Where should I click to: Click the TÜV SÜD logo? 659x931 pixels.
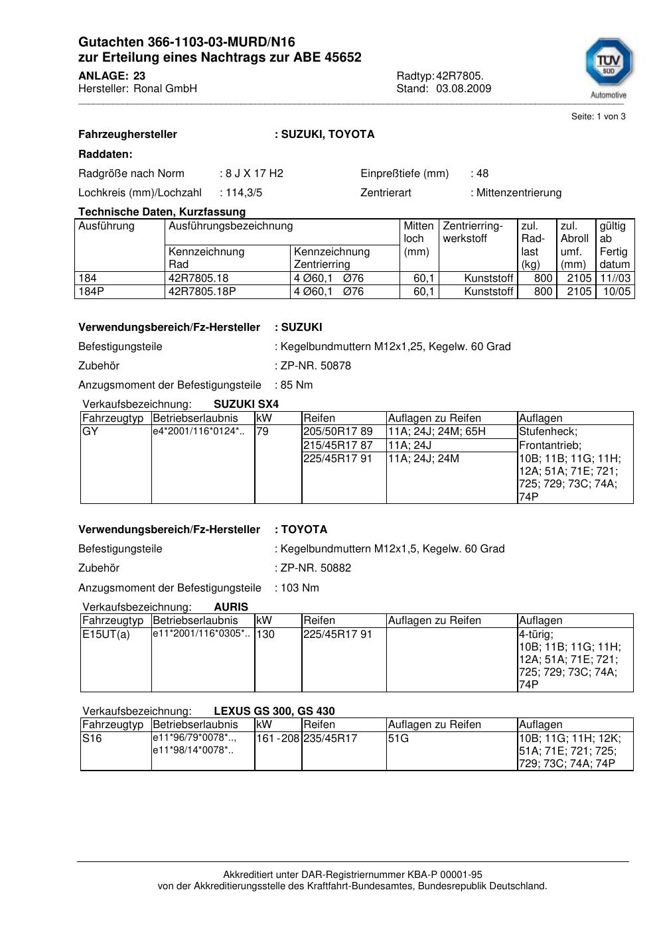pyautogui.click(x=608, y=65)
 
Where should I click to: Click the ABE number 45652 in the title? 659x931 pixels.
pyautogui.click(x=343, y=58)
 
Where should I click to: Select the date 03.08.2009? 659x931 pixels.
pyautogui.click(x=463, y=89)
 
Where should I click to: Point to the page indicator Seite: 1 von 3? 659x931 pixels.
pyautogui.click(x=598, y=117)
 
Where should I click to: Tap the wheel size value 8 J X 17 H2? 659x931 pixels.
pyautogui.click(x=254, y=174)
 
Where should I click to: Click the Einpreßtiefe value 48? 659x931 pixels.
pyautogui.click(x=482, y=174)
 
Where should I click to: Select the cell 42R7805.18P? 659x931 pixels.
pyautogui.click(x=202, y=292)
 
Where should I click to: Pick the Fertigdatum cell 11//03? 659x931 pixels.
pyautogui.click(x=615, y=279)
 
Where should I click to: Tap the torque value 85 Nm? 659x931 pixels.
pyautogui.click(x=297, y=385)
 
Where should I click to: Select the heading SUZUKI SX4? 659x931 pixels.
pyautogui.click(x=246, y=404)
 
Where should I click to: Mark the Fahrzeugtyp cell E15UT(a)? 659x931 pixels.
pyautogui.click(x=106, y=635)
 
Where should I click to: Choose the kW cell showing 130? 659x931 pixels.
pyautogui.click(x=265, y=635)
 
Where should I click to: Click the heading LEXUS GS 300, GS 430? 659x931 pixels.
pyautogui.click(x=274, y=712)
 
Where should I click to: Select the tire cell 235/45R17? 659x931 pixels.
pyautogui.click(x=330, y=738)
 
